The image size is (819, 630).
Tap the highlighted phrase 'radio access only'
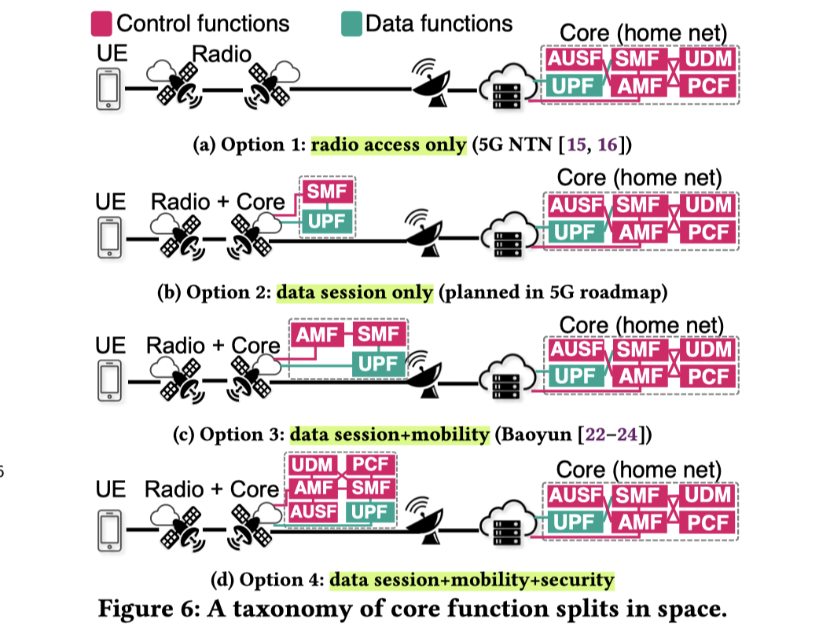click(x=388, y=146)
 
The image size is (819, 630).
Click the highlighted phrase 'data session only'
click(x=354, y=292)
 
